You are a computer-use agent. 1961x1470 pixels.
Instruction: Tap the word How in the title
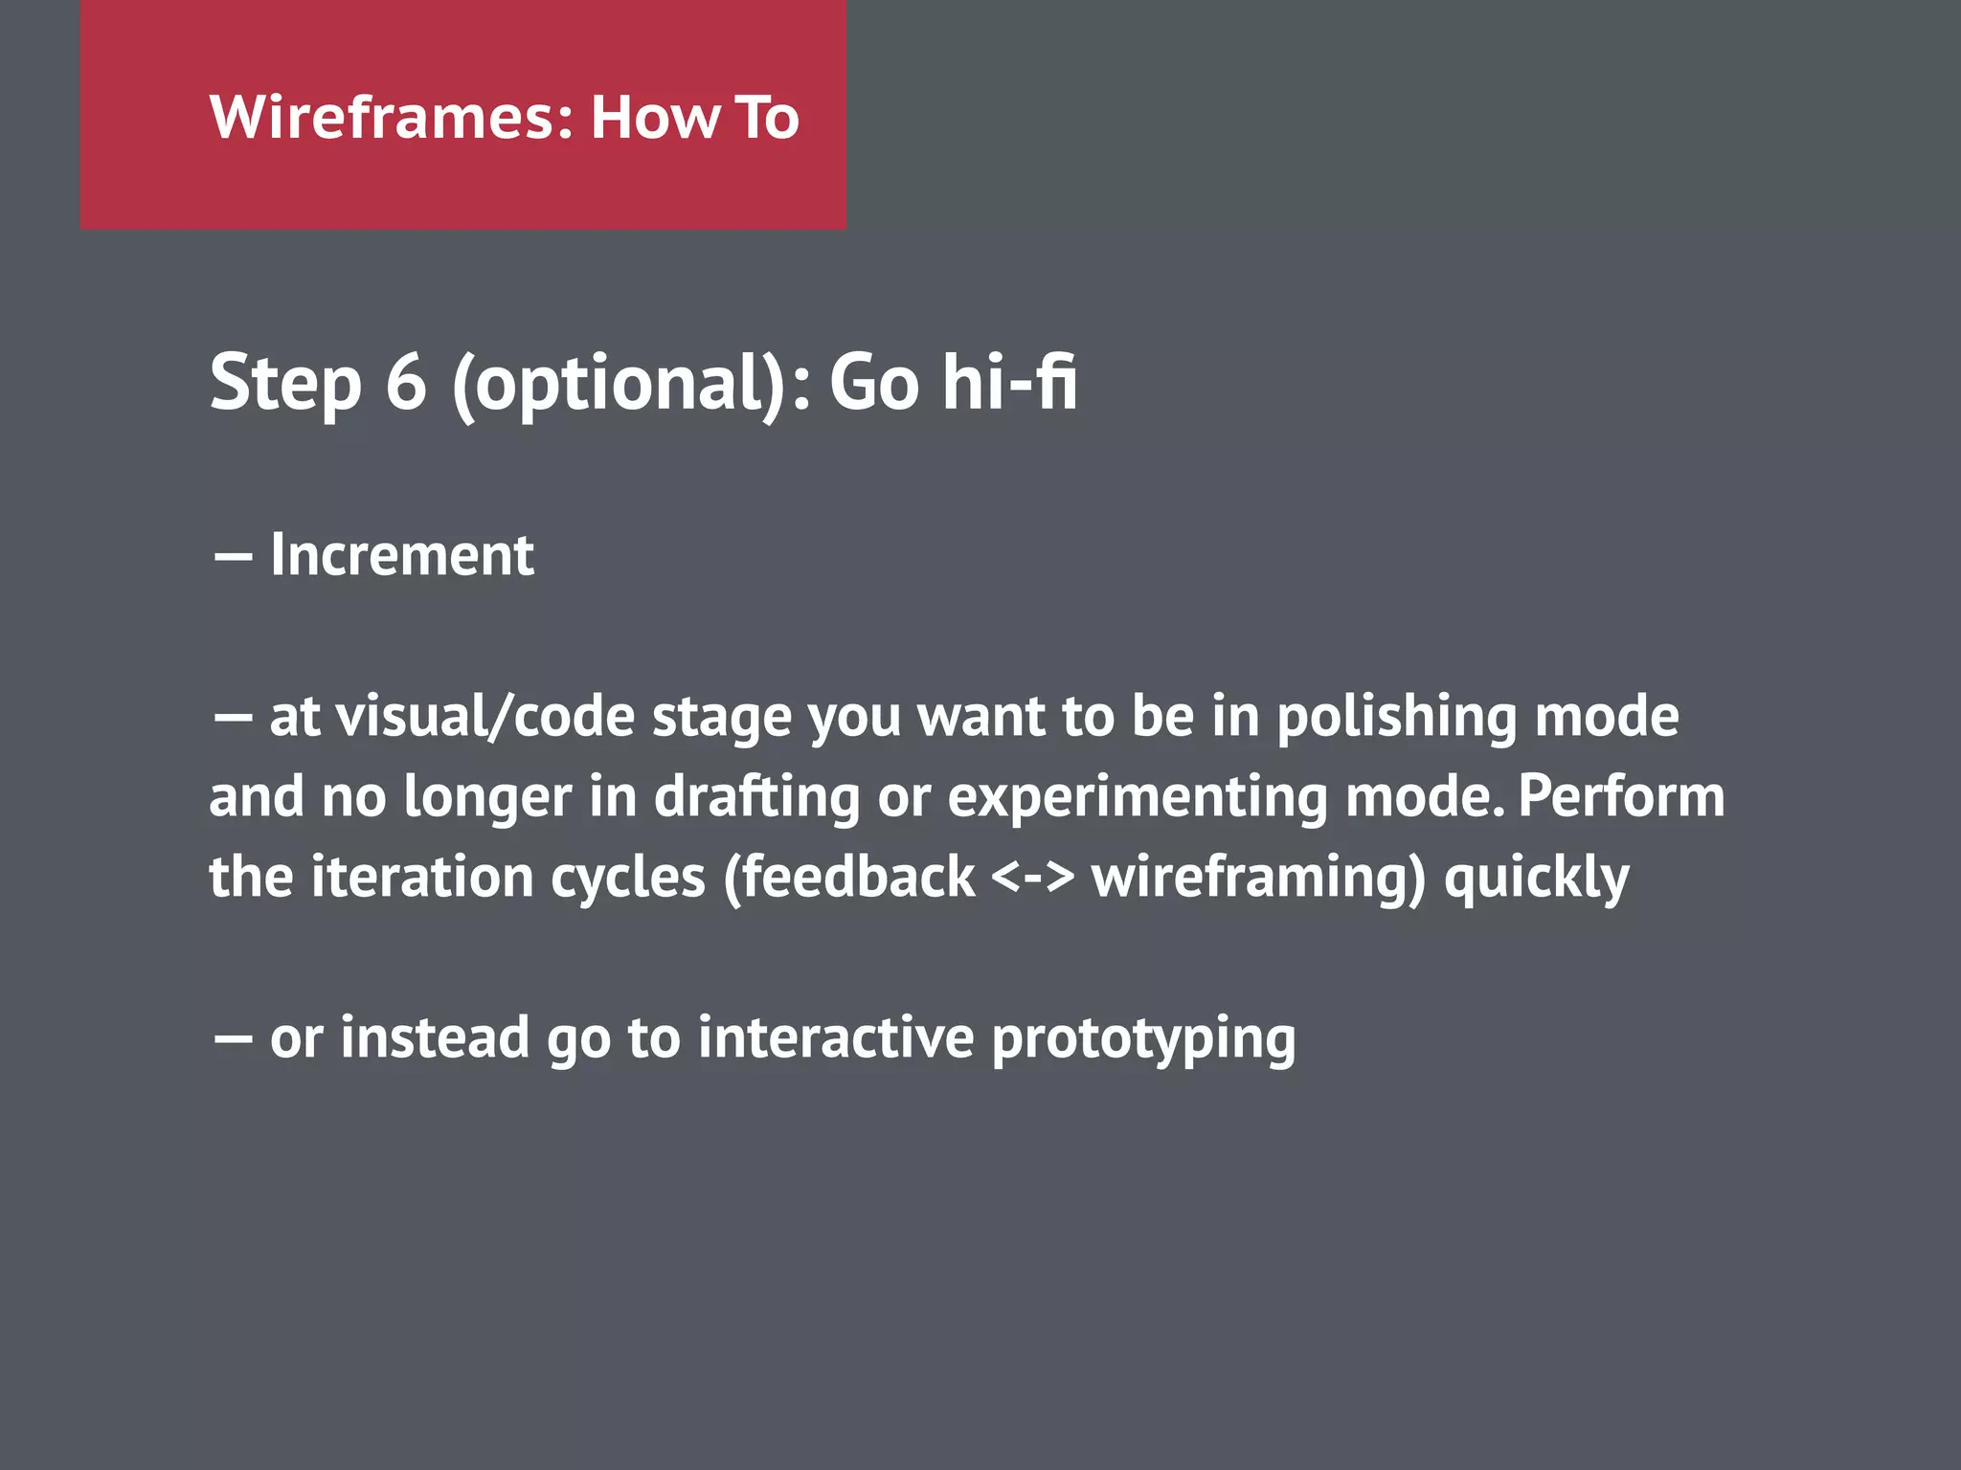655,118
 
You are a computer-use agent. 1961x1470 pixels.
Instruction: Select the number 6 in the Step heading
406,382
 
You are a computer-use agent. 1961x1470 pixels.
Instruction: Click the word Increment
402,555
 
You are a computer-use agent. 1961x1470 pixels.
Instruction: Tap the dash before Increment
233,557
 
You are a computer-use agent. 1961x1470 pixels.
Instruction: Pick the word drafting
756,797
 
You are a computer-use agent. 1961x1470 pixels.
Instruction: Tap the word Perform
1621,796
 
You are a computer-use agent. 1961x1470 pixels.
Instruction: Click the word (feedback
848,878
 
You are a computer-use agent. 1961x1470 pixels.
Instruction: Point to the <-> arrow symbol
1033,878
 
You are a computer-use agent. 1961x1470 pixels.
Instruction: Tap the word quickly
1536,879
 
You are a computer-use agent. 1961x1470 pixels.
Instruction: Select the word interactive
836,1037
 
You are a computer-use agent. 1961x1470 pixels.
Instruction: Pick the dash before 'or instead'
233,1039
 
